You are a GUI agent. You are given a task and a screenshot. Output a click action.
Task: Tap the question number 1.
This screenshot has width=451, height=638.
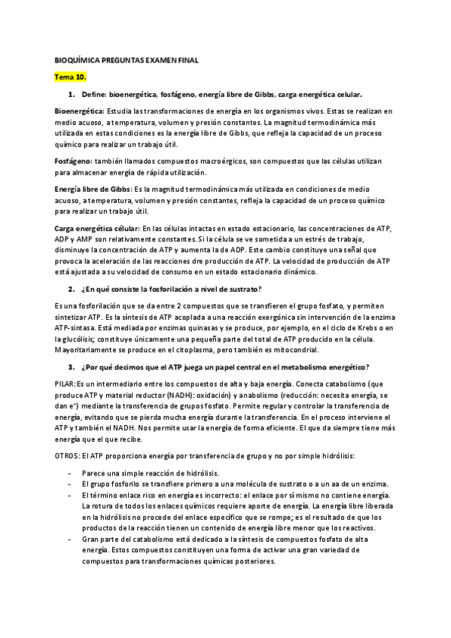click(x=72, y=94)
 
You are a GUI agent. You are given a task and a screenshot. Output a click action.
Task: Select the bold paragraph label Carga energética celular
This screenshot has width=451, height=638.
click(x=97, y=228)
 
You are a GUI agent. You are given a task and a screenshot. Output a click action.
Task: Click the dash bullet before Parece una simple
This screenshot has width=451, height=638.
click(x=69, y=473)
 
